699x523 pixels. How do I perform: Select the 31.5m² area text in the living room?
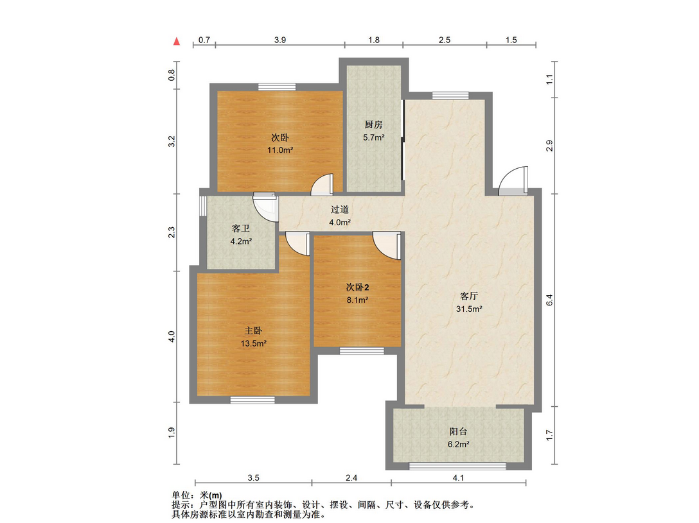pyautogui.click(x=470, y=309)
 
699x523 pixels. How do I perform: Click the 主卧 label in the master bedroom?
pyautogui.click(x=253, y=330)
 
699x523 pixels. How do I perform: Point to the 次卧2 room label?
pyautogui.click(x=357, y=287)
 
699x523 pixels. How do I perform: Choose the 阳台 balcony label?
pyautogui.click(x=458, y=432)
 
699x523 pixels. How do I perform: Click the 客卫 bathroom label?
pyautogui.click(x=240, y=229)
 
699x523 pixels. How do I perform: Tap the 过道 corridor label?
pyautogui.click(x=340, y=209)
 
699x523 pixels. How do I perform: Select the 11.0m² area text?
pyautogui.click(x=280, y=150)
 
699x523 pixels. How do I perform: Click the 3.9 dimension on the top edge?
pyautogui.click(x=280, y=40)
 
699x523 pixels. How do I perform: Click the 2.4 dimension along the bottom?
pyautogui.click(x=351, y=477)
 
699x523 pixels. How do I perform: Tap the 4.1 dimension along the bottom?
pyautogui.click(x=457, y=477)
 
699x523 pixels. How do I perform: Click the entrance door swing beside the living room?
pyautogui.click(x=514, y=180)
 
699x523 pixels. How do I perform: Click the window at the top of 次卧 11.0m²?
pyautogui.click(x=277, y=87)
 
